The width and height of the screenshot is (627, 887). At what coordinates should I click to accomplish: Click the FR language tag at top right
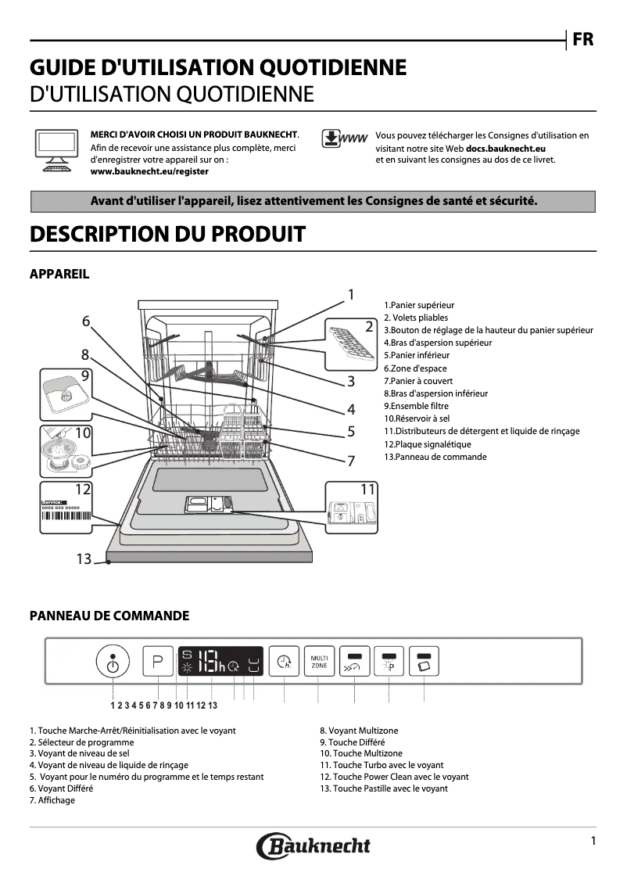click(582, 40)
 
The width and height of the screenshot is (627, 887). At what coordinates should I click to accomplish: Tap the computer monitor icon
click(56, 149)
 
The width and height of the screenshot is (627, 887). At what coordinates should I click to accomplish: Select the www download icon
click(344, 139)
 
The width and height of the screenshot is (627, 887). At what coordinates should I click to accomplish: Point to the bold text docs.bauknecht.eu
click(505, 148)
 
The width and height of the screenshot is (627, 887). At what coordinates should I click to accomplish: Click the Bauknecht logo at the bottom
click(313, 846)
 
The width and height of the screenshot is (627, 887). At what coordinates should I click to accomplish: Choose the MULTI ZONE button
click(319, 663)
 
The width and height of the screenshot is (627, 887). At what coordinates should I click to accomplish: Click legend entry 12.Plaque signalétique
click(427, 444)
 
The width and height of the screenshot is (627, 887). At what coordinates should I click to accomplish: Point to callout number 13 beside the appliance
click(84, 558)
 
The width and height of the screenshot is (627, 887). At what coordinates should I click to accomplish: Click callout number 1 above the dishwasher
click(351, 294)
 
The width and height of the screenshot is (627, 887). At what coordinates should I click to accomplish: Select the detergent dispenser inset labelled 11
click(350, 508)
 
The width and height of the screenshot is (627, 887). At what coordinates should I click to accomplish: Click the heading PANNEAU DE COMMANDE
click(109, 616)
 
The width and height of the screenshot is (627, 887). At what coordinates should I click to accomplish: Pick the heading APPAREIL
click(59, 274)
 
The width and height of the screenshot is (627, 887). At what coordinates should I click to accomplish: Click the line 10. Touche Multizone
click(360, 753)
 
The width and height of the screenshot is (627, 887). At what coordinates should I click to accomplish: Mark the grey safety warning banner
click(313, 201)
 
